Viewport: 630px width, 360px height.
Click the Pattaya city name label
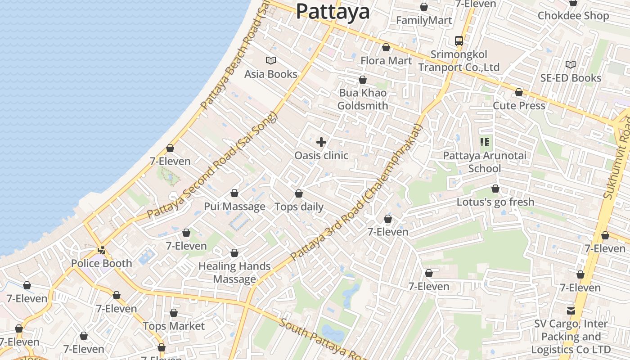click(333, 12)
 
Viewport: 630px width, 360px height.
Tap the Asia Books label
click(271, 74)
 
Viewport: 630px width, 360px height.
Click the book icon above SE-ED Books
click(571, 65)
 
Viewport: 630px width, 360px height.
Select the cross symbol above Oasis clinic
click(321, 143)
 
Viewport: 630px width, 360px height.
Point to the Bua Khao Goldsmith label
click(363, 99)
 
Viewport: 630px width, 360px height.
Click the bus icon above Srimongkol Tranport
click(459, 41)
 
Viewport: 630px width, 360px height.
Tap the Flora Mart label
click(386, 60)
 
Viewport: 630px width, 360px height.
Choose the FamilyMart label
click(424, 20)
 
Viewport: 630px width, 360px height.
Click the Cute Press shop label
click(519, 105)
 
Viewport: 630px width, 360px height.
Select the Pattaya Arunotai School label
click(485, 162)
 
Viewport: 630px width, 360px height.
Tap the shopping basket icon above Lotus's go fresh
click(495, 189)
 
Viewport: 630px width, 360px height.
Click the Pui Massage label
click(234, 207)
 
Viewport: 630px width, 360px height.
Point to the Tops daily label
click(299, 207)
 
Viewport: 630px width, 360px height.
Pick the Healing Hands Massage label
click(234, 272)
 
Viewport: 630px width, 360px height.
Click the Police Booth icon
click(102, 250)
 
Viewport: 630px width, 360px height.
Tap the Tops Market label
click(174, 326)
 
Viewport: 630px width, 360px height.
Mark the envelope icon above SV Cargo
click(571, 310)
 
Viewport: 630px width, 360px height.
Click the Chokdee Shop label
click(573, 16)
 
